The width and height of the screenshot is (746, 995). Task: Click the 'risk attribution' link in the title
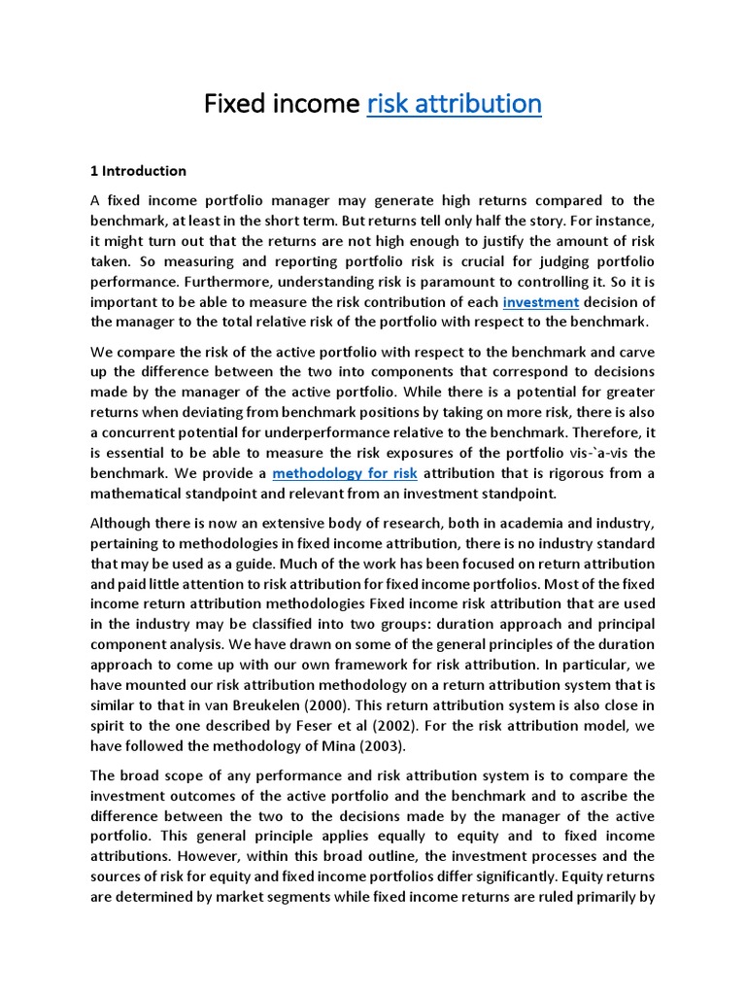pyautogui.click(x=455, y=103)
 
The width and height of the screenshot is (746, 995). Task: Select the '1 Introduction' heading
pyautogui.click(x=138, y=171)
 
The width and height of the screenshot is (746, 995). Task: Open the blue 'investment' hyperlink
pyautogui.click(x=541, y=302)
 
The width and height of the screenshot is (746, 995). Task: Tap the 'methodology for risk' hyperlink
pyautogui.click(x=345, y=473)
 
